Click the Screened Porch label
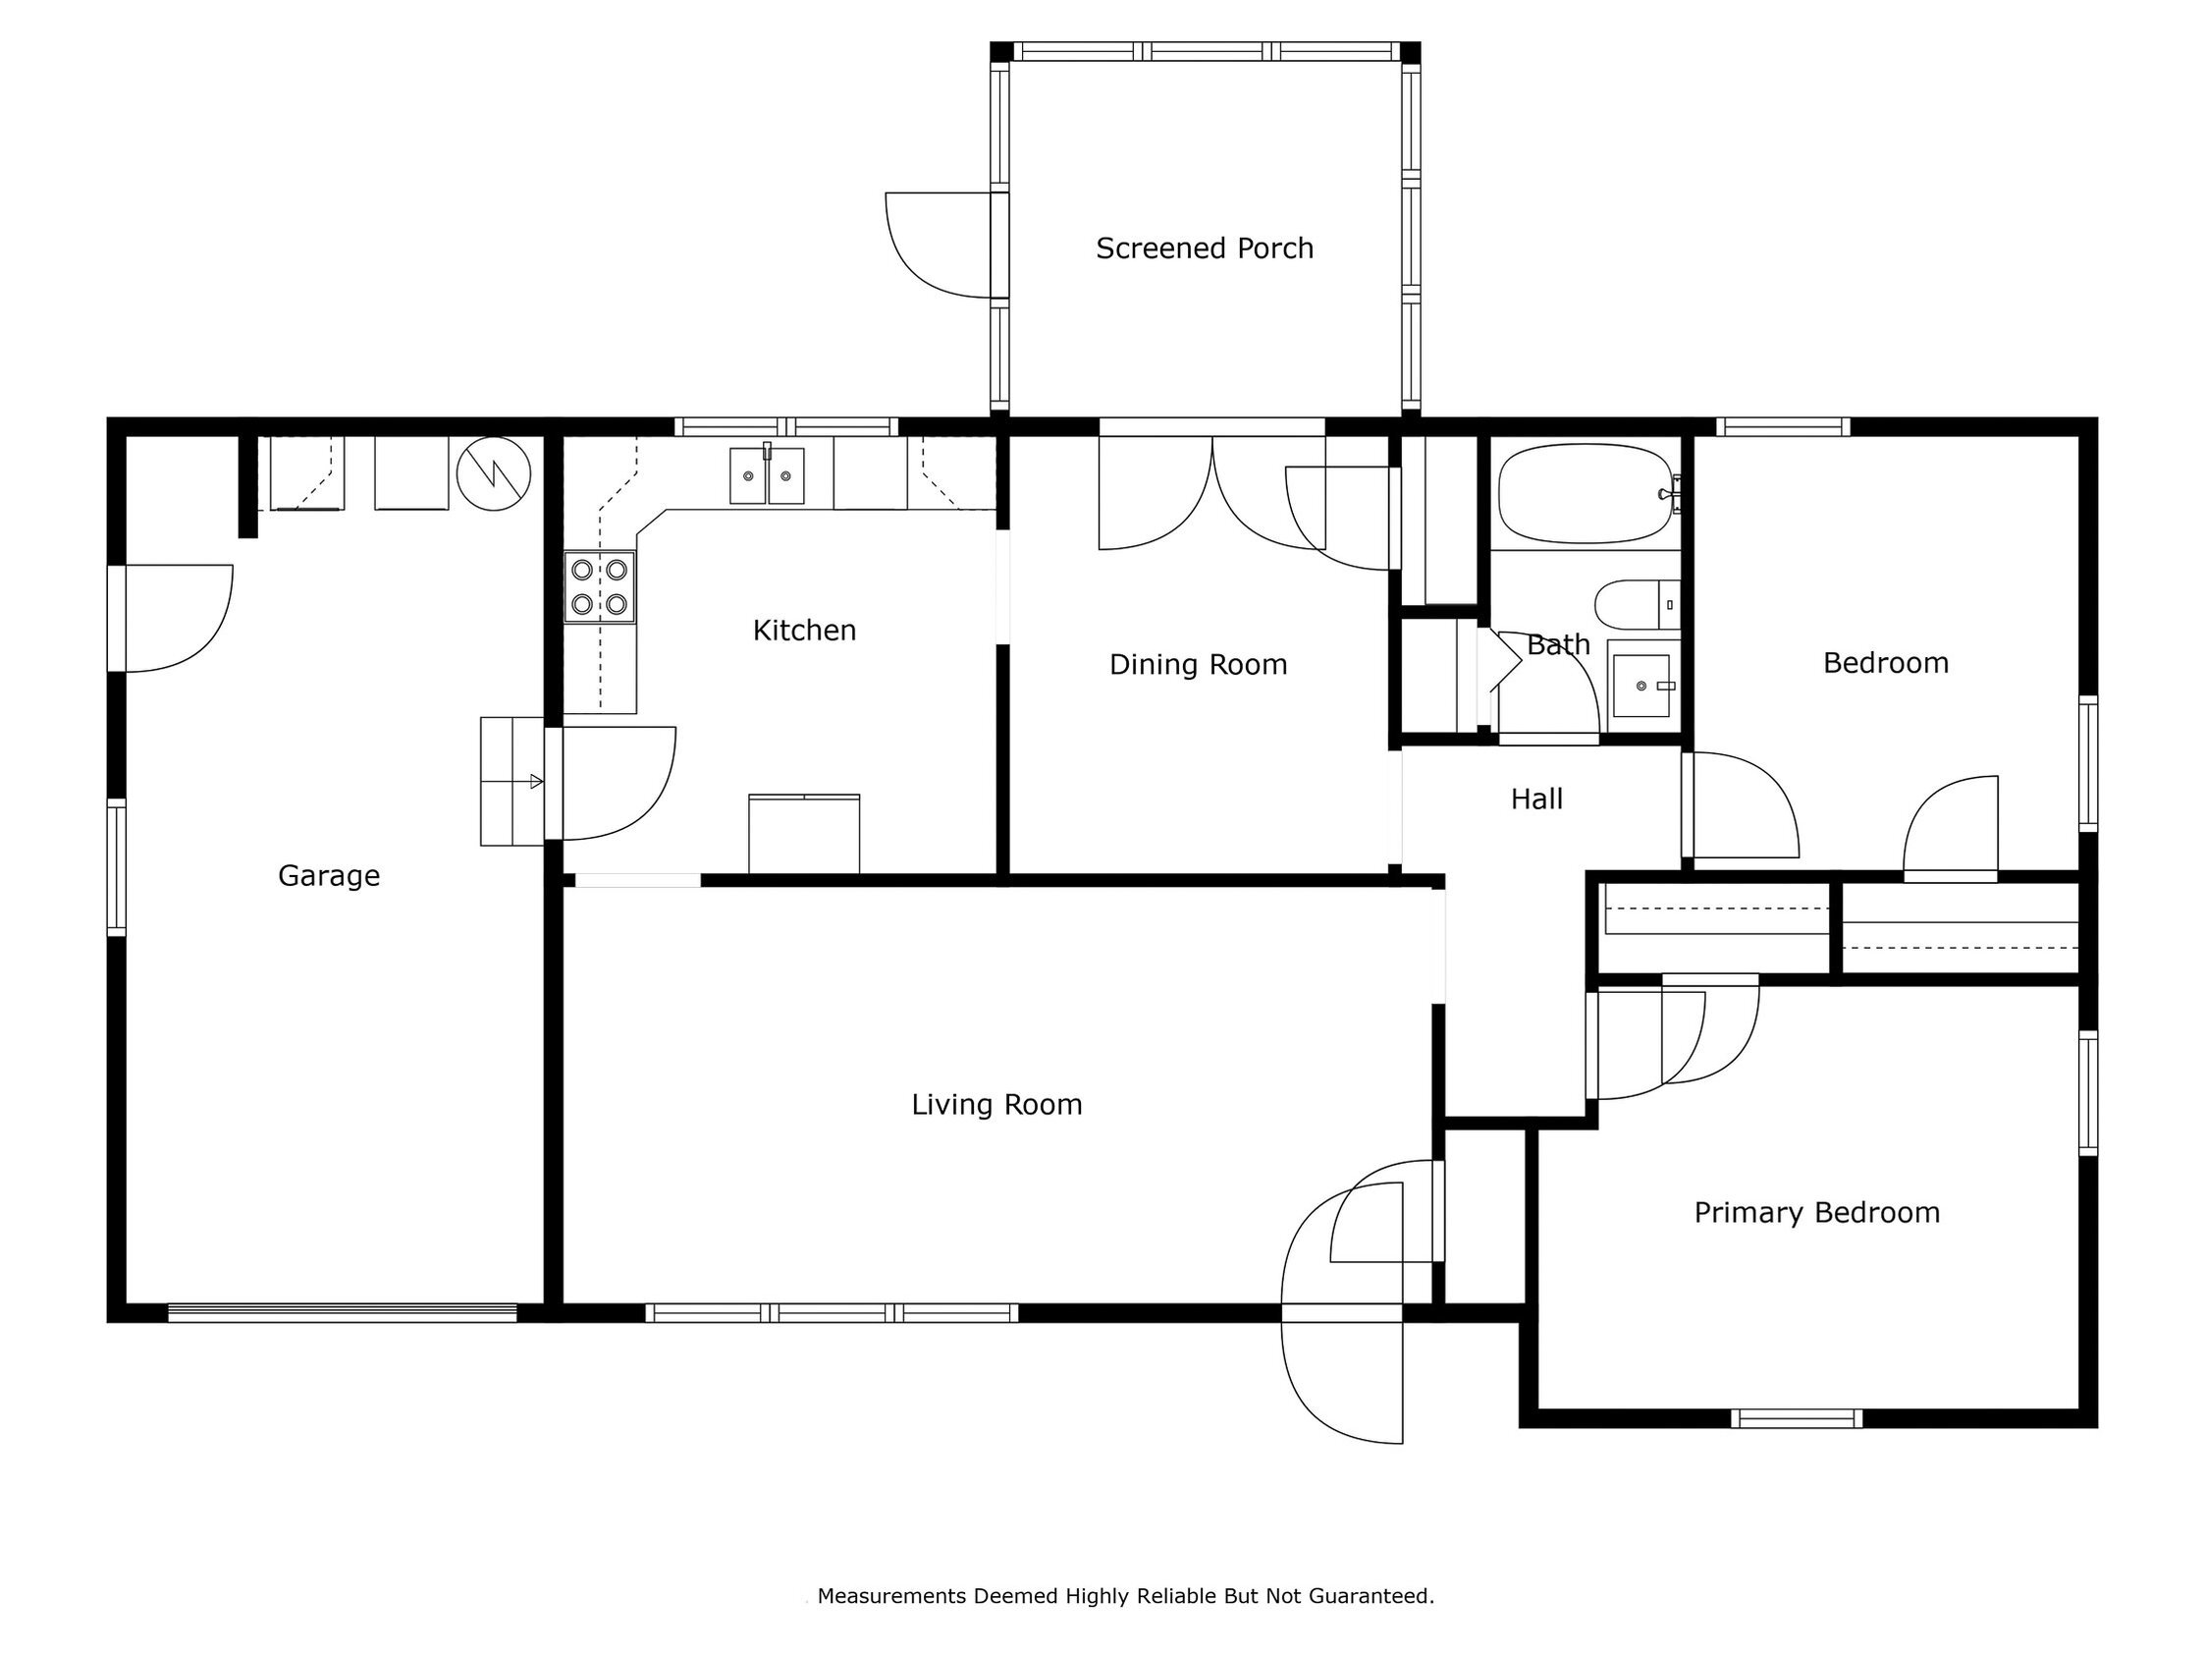[1205, 248]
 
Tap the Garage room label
[329, 875]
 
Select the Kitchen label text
[804, 631]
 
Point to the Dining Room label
[1198, 664]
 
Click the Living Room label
[996, 1105]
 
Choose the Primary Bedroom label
[1817, 1212]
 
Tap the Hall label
[1536, 799]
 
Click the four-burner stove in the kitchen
[599, 587]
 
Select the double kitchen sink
[767, 475]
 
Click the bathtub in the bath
[1585, 493]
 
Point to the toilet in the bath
[1637, 605]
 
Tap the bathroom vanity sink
[1642, 686]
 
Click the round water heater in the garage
[494, 473]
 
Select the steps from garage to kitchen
[512, 782]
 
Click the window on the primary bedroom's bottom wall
[1797, 1418]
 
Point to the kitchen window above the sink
[786, 426]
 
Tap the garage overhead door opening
[342, 1313]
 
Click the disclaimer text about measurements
[1125, 1596]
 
